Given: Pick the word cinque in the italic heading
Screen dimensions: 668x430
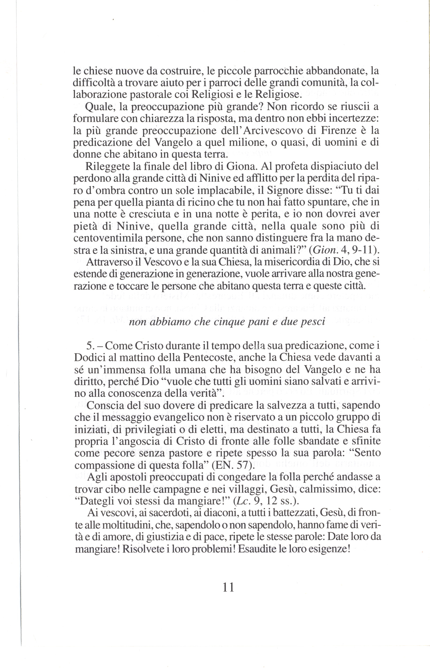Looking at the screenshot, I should (x=227, y=322).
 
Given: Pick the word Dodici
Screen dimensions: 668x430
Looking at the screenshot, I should (x=88, y=358).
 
